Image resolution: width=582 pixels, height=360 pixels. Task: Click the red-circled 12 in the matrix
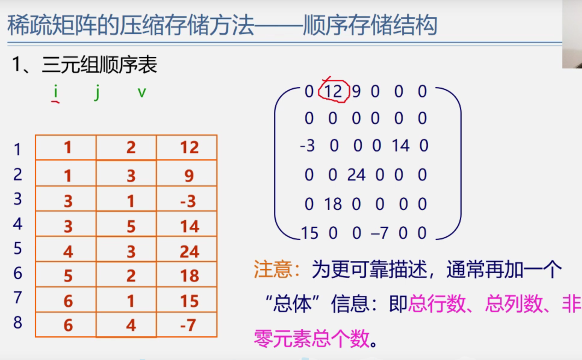pos(333,92)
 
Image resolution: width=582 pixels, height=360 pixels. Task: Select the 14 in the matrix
pos(401,146)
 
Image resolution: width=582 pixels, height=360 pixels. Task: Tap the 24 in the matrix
pos(356,175)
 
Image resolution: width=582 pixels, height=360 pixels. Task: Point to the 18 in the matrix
pos(333,204)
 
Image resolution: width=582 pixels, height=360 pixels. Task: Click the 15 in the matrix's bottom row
pos(309,233)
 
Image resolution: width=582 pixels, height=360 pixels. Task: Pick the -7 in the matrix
pos(379,233)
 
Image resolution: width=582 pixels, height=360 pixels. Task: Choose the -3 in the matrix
pos(307,146)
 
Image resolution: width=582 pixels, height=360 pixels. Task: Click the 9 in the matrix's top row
pos(356,92)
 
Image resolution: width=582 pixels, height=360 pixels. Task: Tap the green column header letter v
pos(142,93)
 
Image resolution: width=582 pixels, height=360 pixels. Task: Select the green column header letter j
pos(97,93)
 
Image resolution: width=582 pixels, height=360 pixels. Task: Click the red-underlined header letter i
pos(55,92)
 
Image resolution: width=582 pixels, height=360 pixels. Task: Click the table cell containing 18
pos(189,276)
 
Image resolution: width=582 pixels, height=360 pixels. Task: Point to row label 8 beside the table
pos(18,323)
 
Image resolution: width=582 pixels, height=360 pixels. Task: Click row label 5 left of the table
pos(18,248)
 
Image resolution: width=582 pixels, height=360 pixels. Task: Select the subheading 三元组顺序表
pos(100,65)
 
